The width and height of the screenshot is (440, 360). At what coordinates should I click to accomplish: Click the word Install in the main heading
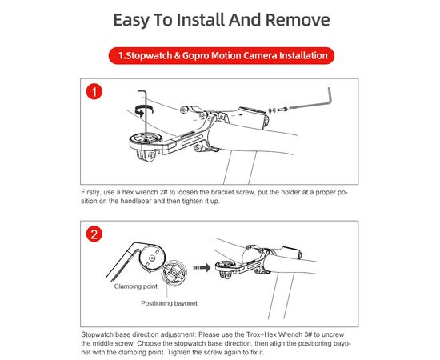[200, 20]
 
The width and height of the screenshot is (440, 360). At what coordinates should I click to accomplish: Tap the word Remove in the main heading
[298, 20]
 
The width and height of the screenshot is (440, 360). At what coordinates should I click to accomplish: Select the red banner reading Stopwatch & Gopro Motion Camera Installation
[222, 55]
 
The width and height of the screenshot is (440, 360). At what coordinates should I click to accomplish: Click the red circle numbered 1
[94, 92]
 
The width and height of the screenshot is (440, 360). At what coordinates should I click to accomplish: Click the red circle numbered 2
[94, 234]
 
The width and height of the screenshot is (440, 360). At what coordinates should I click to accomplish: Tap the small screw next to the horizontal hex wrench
[282, 110]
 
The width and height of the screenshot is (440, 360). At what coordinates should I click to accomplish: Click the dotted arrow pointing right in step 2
[202, 267]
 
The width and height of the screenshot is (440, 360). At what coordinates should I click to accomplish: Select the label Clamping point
[135, 286]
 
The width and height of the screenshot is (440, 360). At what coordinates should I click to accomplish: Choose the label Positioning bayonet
[170, 303]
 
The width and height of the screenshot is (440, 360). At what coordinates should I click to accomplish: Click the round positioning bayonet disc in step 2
[173, 272]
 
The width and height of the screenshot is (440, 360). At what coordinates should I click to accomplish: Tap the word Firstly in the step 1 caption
[90, 193]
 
